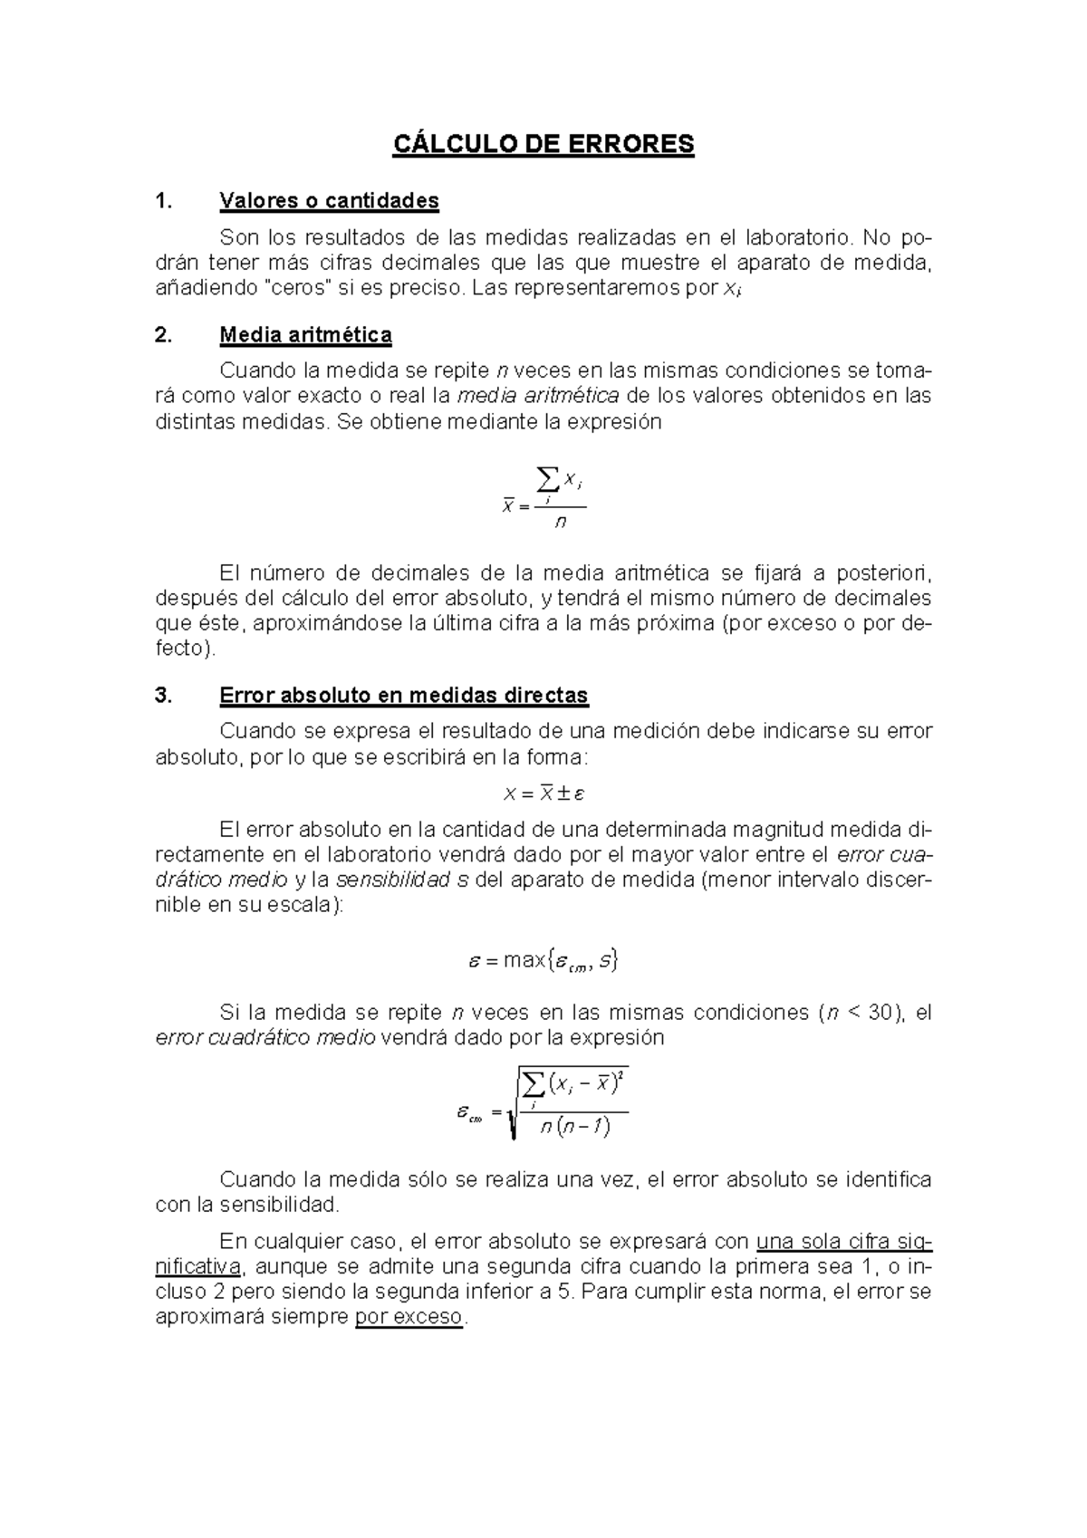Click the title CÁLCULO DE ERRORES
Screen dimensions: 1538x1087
pyautogui.click(x=543, y=144)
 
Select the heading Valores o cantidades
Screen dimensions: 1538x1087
pyautogui.click(x=329, y=200)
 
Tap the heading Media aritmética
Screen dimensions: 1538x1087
pyautogui.click(x=305, y=335)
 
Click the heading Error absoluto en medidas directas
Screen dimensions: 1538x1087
pyautogui.click(x=404, y=696)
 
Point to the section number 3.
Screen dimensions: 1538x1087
pyautogui.click(x=163, y=696)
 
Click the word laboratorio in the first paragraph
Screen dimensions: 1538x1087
pyautogui.click(x=797, y=238)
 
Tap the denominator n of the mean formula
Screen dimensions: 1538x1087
pyautogui.click(x=561, y=522)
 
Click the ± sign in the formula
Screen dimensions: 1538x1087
pyautogui.click(x=563, y=793)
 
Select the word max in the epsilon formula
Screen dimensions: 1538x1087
pyautogui.click(x=524, y=960)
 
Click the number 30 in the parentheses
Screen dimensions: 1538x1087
pyautogui.click(x=880, y=1013)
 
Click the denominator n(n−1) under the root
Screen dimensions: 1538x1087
pyautogui.click(x=573, y=1127)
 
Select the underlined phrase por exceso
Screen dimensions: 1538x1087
pyautogui.click(x=409, y=1317)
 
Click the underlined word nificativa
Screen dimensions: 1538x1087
pyautogui.click(x=198, y=1266)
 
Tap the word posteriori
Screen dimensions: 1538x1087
pyautogui.click(x=883, y=573)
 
